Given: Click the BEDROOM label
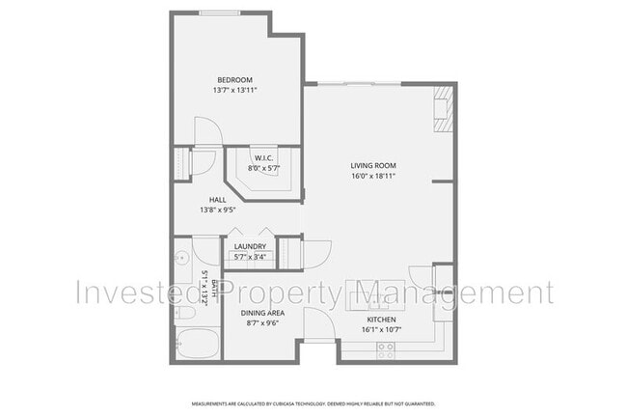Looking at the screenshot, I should tap(234, 79).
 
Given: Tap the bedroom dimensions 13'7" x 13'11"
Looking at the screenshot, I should tap(234, 90).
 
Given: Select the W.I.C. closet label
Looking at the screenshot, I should tap(262, 158).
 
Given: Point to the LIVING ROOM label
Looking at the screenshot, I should tap(373, 166).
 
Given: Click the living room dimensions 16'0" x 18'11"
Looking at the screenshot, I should tap(373, 177).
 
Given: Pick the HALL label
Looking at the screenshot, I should tap(218, 200).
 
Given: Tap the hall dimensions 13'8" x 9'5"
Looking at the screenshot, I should tap(218, 209).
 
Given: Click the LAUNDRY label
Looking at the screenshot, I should tap(250, 246).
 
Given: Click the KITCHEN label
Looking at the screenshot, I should tap(381, 320).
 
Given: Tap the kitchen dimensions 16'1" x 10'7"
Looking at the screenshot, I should tap(381, 329).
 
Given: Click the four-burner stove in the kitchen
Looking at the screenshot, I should tap(387, 348).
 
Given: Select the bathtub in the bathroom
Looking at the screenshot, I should tap(195, 343).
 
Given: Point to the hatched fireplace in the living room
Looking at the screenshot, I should tap(443, 107).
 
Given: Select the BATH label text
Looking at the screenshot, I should tap(204, 287).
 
